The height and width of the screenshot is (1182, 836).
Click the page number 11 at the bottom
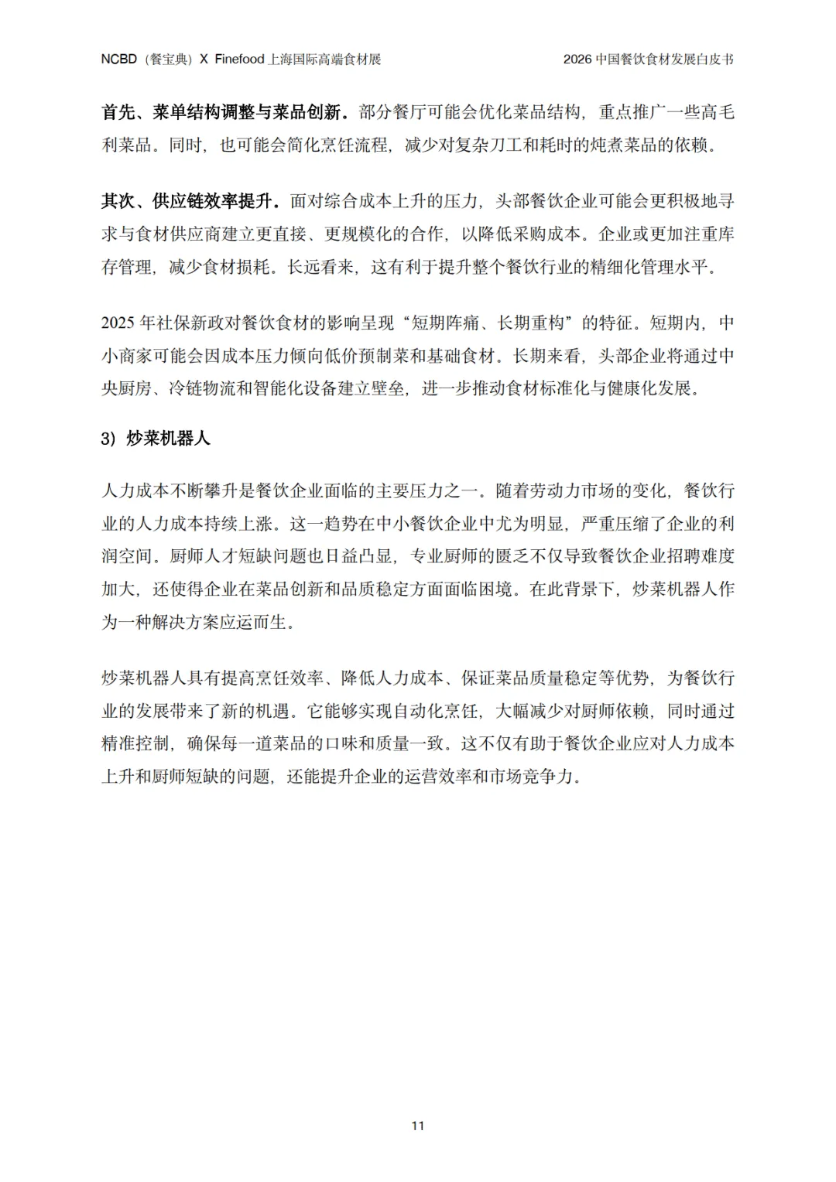pyautogui.click(x=418, y=1126)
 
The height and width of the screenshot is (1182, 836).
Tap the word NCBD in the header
pyautogui.click(x=118, y=60)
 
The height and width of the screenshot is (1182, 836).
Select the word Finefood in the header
pyautogui.click(x=239, y=60)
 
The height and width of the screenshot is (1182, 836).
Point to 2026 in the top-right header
pyautogui.click(x=577, y=60)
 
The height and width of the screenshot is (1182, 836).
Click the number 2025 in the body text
pyautogui.click(x=118, y=323)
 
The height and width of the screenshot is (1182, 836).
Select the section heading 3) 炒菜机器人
pyautogui.click(x=156, y=439)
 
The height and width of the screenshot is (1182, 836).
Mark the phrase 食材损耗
pyautogui.click(x=237, y=267)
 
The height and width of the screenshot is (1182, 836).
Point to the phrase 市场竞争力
pyautogui.click(x=533, y=776)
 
